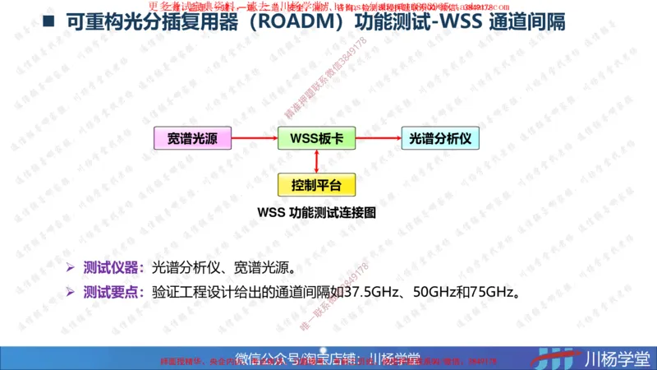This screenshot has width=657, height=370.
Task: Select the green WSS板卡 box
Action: pyautogui.click(x=316, y=139)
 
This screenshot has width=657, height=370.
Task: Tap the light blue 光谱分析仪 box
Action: pyautogui.click(x=439, y=139)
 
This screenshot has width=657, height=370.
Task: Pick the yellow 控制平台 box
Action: pyautogui.click(x=316, y=184)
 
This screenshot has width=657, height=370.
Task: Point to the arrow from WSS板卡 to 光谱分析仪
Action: pyautogui.click(x=377, y=139)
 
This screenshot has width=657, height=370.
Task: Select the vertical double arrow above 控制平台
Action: pyautogui.click(x=316, y=161)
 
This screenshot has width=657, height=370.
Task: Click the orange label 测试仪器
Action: pyautogui.click(x=114, y=267)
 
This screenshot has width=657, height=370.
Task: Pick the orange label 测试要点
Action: pyautogui.click(x=114, y=292)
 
